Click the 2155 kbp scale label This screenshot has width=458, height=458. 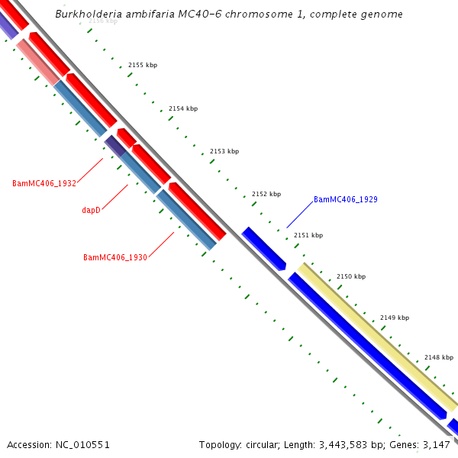coord(142,66)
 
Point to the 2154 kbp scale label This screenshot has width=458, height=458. coord(183,108)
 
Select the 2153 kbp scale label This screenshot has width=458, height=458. coord(224,151)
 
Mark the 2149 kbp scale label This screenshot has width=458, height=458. coord(395,318)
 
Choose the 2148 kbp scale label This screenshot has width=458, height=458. coord(438,357)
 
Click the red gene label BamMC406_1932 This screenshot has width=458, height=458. coord(44,184)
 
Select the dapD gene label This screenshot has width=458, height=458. coord(91,210)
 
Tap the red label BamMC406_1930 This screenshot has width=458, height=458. coord(115,257)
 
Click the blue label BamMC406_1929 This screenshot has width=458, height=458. coord(346,199)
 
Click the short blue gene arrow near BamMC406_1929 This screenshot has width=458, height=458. coord(263,248)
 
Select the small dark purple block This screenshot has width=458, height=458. coord(114,145)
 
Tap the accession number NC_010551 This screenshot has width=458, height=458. coord(83,444)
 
